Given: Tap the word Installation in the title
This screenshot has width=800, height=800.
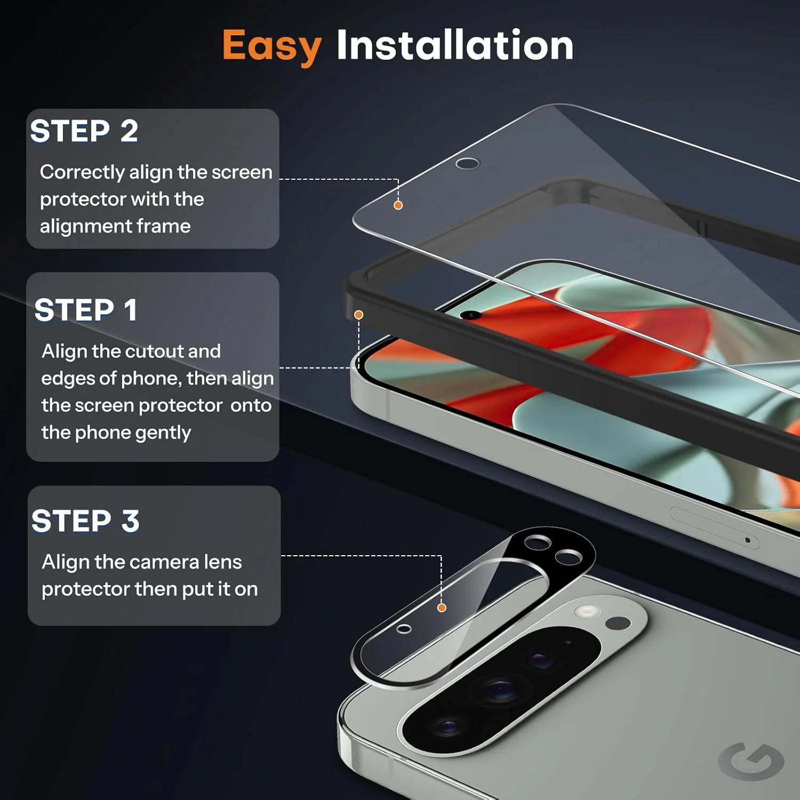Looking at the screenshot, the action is click(455, 44).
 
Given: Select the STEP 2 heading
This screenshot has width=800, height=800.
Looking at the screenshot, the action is click(84, 131).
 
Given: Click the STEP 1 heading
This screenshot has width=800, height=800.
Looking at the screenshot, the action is click(86, 310).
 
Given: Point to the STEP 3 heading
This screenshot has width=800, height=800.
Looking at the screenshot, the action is click(85, 521).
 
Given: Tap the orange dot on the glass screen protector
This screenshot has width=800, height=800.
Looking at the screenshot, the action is click(398, 205).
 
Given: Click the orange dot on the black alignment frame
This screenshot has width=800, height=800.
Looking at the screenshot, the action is click(359, 315).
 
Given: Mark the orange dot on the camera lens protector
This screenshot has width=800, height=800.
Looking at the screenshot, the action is click(442, 607).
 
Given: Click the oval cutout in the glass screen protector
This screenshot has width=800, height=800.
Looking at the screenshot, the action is click(467, 163).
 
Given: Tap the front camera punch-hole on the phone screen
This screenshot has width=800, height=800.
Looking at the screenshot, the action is click(471, 315).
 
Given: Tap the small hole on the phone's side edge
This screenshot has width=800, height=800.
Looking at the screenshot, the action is click(748, 540).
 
